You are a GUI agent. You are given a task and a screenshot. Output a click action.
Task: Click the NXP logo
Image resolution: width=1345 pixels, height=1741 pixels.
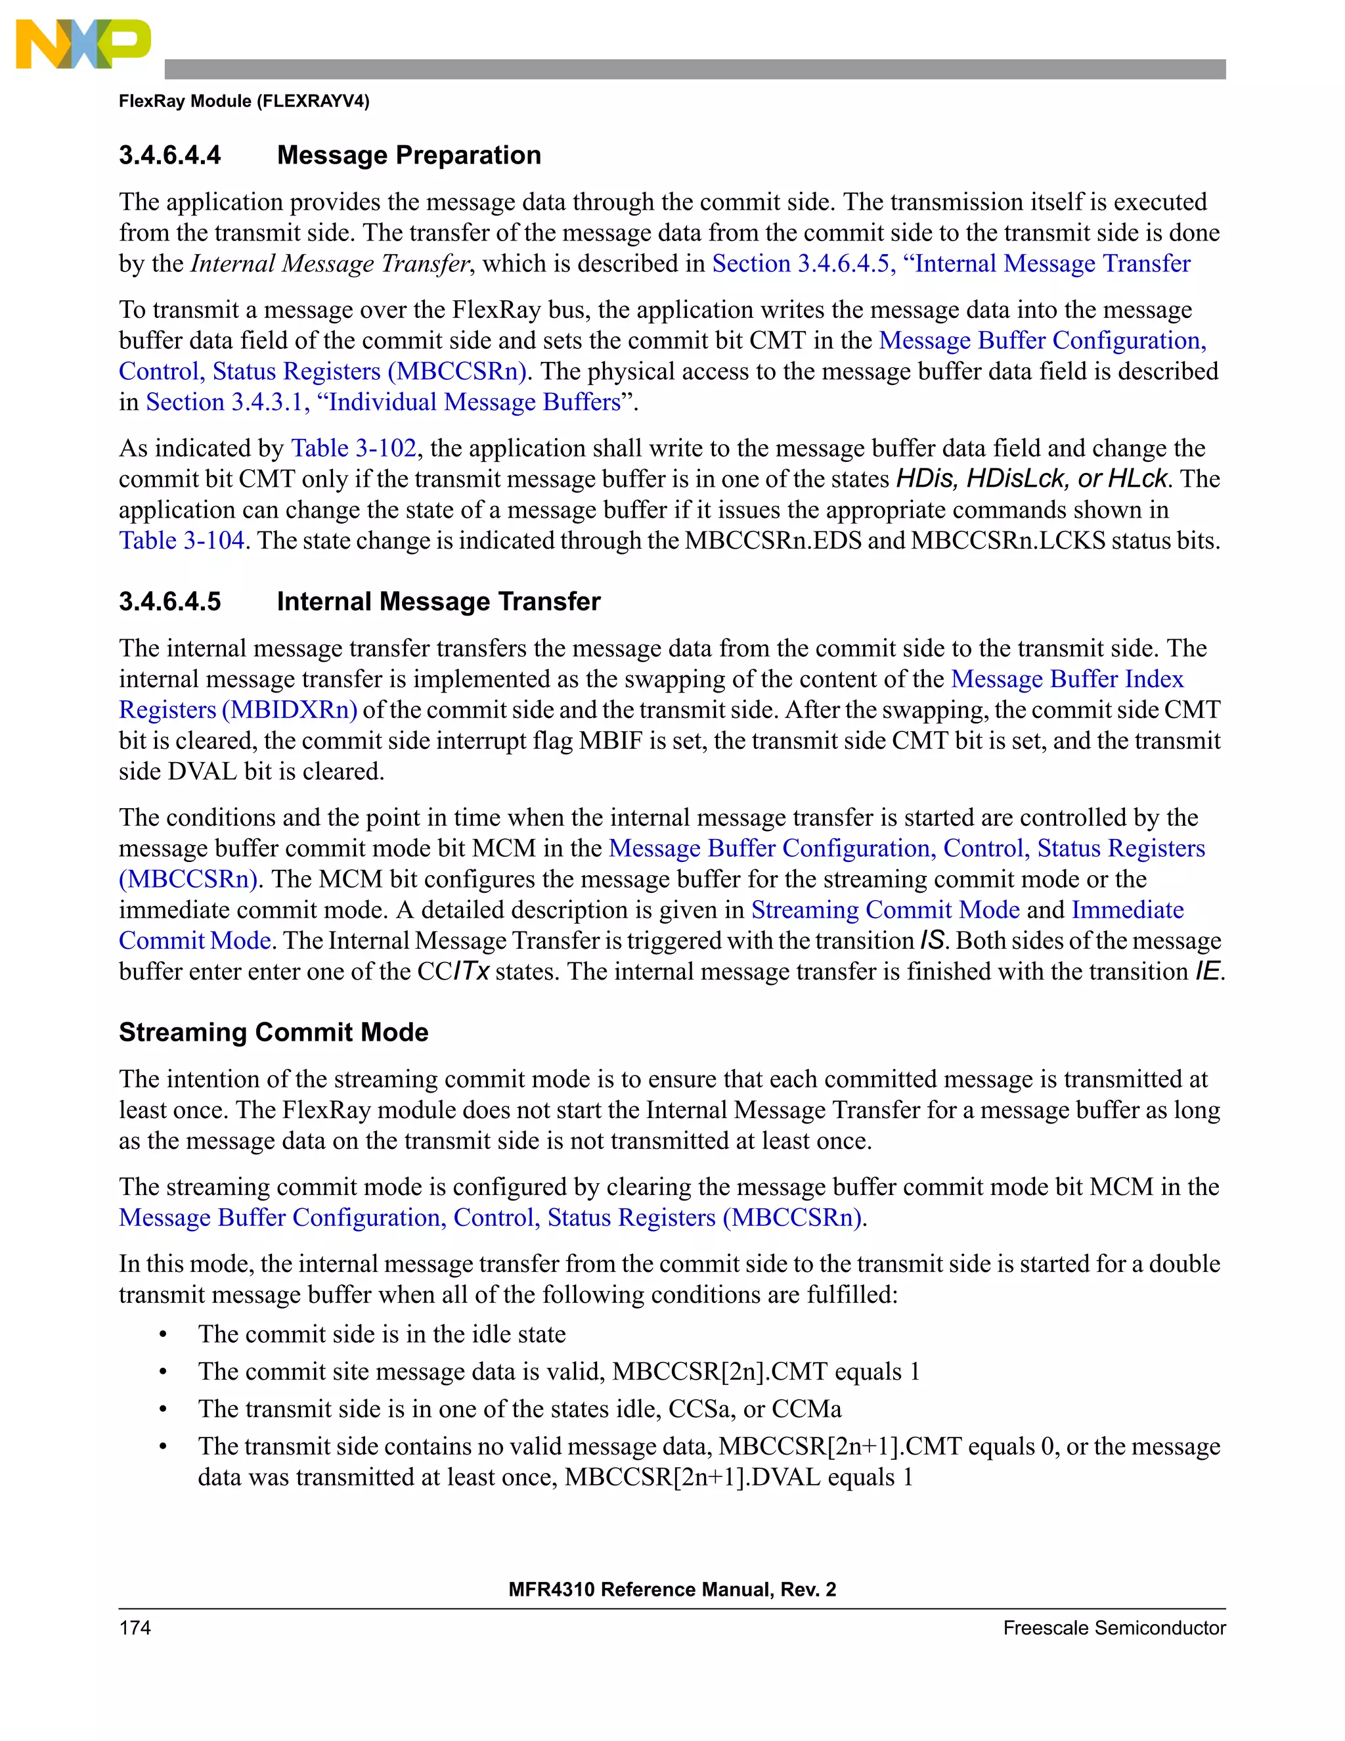83,44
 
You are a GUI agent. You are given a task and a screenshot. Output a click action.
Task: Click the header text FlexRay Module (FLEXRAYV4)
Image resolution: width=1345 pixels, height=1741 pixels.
244,101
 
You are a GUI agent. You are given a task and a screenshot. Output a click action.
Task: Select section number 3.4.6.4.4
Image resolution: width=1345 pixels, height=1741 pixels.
169,154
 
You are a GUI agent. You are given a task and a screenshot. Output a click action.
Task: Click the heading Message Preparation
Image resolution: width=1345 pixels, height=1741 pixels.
408,154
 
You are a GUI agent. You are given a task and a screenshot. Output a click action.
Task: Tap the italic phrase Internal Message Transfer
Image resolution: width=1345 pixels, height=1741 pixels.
330,264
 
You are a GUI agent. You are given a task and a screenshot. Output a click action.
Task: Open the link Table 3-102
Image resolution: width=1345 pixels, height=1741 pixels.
354,448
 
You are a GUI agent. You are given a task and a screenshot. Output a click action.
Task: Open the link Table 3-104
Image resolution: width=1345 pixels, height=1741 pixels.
182,541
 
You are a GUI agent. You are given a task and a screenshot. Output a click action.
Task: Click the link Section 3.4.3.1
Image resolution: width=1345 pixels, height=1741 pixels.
227,402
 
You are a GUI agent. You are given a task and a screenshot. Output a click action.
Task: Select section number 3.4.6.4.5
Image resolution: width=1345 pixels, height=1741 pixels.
169,601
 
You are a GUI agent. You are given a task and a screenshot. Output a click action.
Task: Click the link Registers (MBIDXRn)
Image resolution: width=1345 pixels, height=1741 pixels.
238,710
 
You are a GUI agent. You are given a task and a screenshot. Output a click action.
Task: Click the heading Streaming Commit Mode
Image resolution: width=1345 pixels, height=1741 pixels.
273,1032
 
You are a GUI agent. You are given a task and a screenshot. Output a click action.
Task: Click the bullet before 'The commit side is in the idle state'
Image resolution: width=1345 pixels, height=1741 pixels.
164,1334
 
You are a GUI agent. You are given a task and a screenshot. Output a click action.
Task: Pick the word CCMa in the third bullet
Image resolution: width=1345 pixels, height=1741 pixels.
806,1409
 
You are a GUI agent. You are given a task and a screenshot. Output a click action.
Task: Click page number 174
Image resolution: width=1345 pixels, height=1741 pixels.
135,1628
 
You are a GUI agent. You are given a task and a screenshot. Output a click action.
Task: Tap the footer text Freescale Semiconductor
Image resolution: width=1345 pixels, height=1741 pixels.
1113,1628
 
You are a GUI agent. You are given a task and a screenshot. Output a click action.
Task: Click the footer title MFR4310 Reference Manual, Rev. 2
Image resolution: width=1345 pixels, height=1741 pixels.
672,1589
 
